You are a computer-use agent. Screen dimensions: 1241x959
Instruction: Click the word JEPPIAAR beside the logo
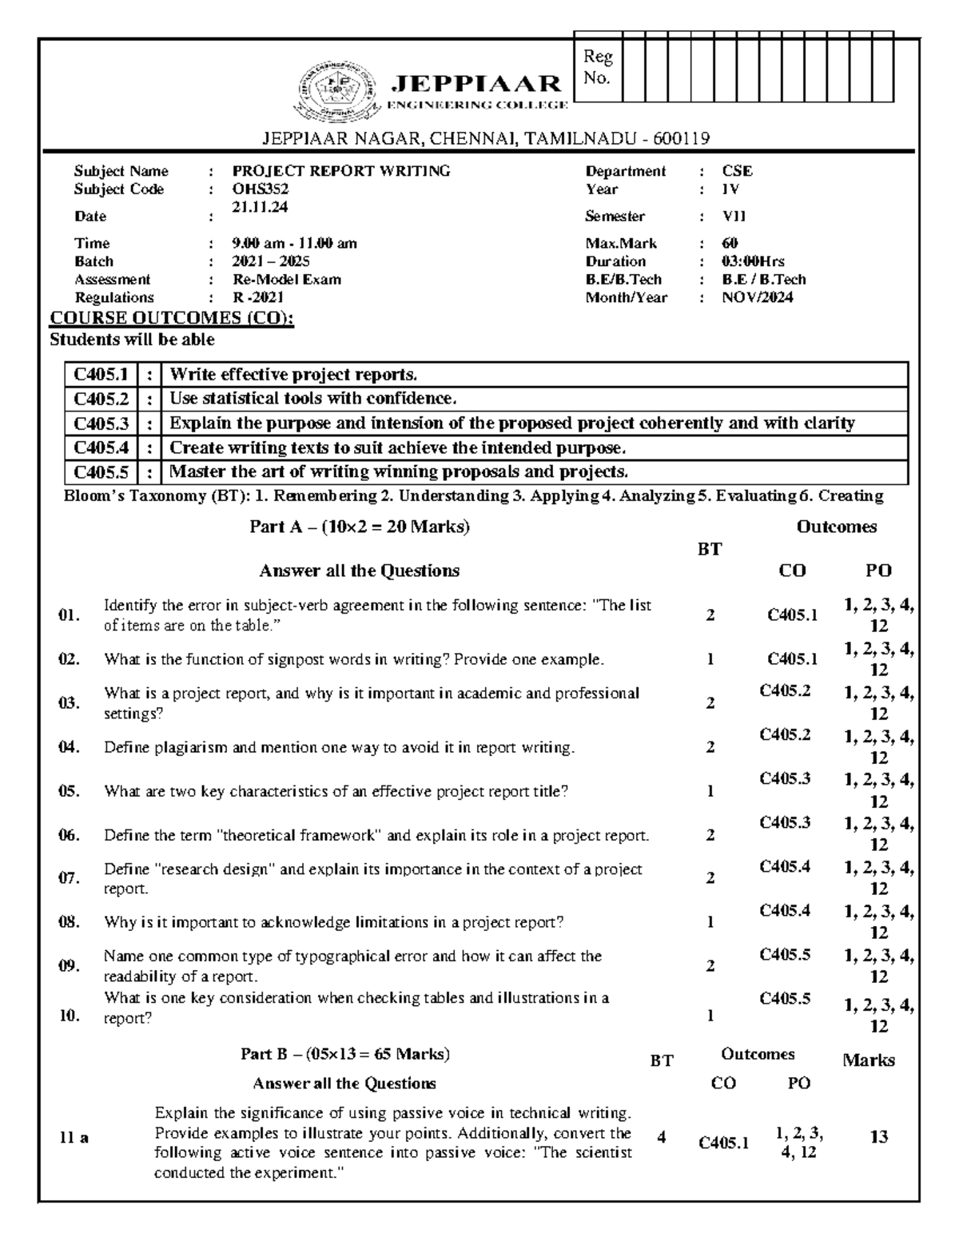click(x=476, y=83)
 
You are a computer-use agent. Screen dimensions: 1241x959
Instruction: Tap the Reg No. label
click(x=597, y=67)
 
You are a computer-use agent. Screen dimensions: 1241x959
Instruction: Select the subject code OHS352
click(x=260, y=189)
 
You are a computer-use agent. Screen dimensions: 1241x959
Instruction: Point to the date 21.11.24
click(x=260, y=207)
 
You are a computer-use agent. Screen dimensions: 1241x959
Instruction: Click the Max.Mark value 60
click(x=730, y=243)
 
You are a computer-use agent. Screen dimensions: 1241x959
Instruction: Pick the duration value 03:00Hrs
click(x=753, y=261)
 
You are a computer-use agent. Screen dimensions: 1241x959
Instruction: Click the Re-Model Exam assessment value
click(x=286, y=280)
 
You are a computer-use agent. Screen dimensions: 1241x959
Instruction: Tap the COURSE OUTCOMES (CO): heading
click(x=172, y=318)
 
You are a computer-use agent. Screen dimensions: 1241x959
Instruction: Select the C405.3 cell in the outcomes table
click(x=101, y=424)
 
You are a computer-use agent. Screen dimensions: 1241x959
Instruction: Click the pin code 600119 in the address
click(x=681, y=139)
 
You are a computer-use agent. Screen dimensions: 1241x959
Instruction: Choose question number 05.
click(x=69, y=791)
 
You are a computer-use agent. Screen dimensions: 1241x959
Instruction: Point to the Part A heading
click(x=359, y=527)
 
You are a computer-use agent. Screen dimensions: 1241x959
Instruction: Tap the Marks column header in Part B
click(x=868, y=1060)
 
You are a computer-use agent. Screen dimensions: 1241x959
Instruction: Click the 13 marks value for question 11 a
click(x=878, y=1137)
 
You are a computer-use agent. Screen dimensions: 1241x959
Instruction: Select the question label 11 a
click(x=74, y=1138)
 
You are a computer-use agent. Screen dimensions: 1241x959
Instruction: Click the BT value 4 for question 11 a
click(x=661, y=1137)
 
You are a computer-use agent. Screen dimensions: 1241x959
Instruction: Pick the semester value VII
click(x=734, y=217)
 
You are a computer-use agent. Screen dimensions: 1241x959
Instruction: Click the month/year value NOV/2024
click(x=757, y=298)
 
